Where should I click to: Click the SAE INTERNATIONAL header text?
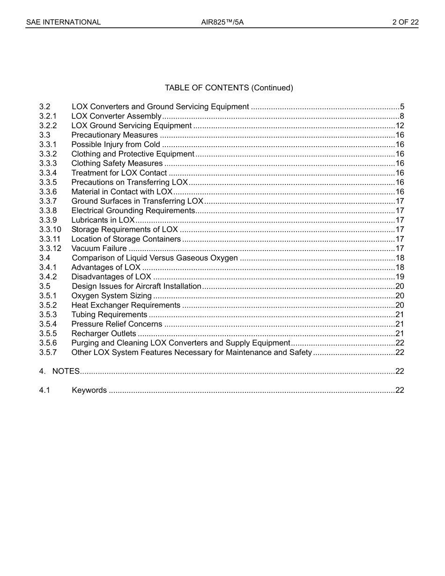point(63,22)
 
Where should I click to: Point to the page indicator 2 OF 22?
point(405,22)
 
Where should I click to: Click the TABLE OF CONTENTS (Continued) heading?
point(229,88)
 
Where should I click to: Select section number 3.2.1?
point(48,116)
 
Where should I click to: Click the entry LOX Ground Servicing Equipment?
point(131,126)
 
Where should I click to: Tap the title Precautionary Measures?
point(114,135)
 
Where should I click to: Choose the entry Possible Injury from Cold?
point(115,145)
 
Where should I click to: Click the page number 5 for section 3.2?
point(402,107)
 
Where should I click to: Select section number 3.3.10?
point(50,229)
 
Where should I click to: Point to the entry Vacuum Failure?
point(99,249)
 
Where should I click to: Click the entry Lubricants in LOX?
point(103,220)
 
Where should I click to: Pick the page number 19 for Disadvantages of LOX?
point(400,277)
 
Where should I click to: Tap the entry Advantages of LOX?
point(105,267)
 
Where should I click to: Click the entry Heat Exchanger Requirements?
point(126,305)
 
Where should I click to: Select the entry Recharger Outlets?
point(104,333)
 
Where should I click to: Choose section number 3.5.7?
point(48,353)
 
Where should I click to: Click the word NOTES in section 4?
point(66,371)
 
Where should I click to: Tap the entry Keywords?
point(89,391)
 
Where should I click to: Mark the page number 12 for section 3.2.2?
point(400,126)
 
